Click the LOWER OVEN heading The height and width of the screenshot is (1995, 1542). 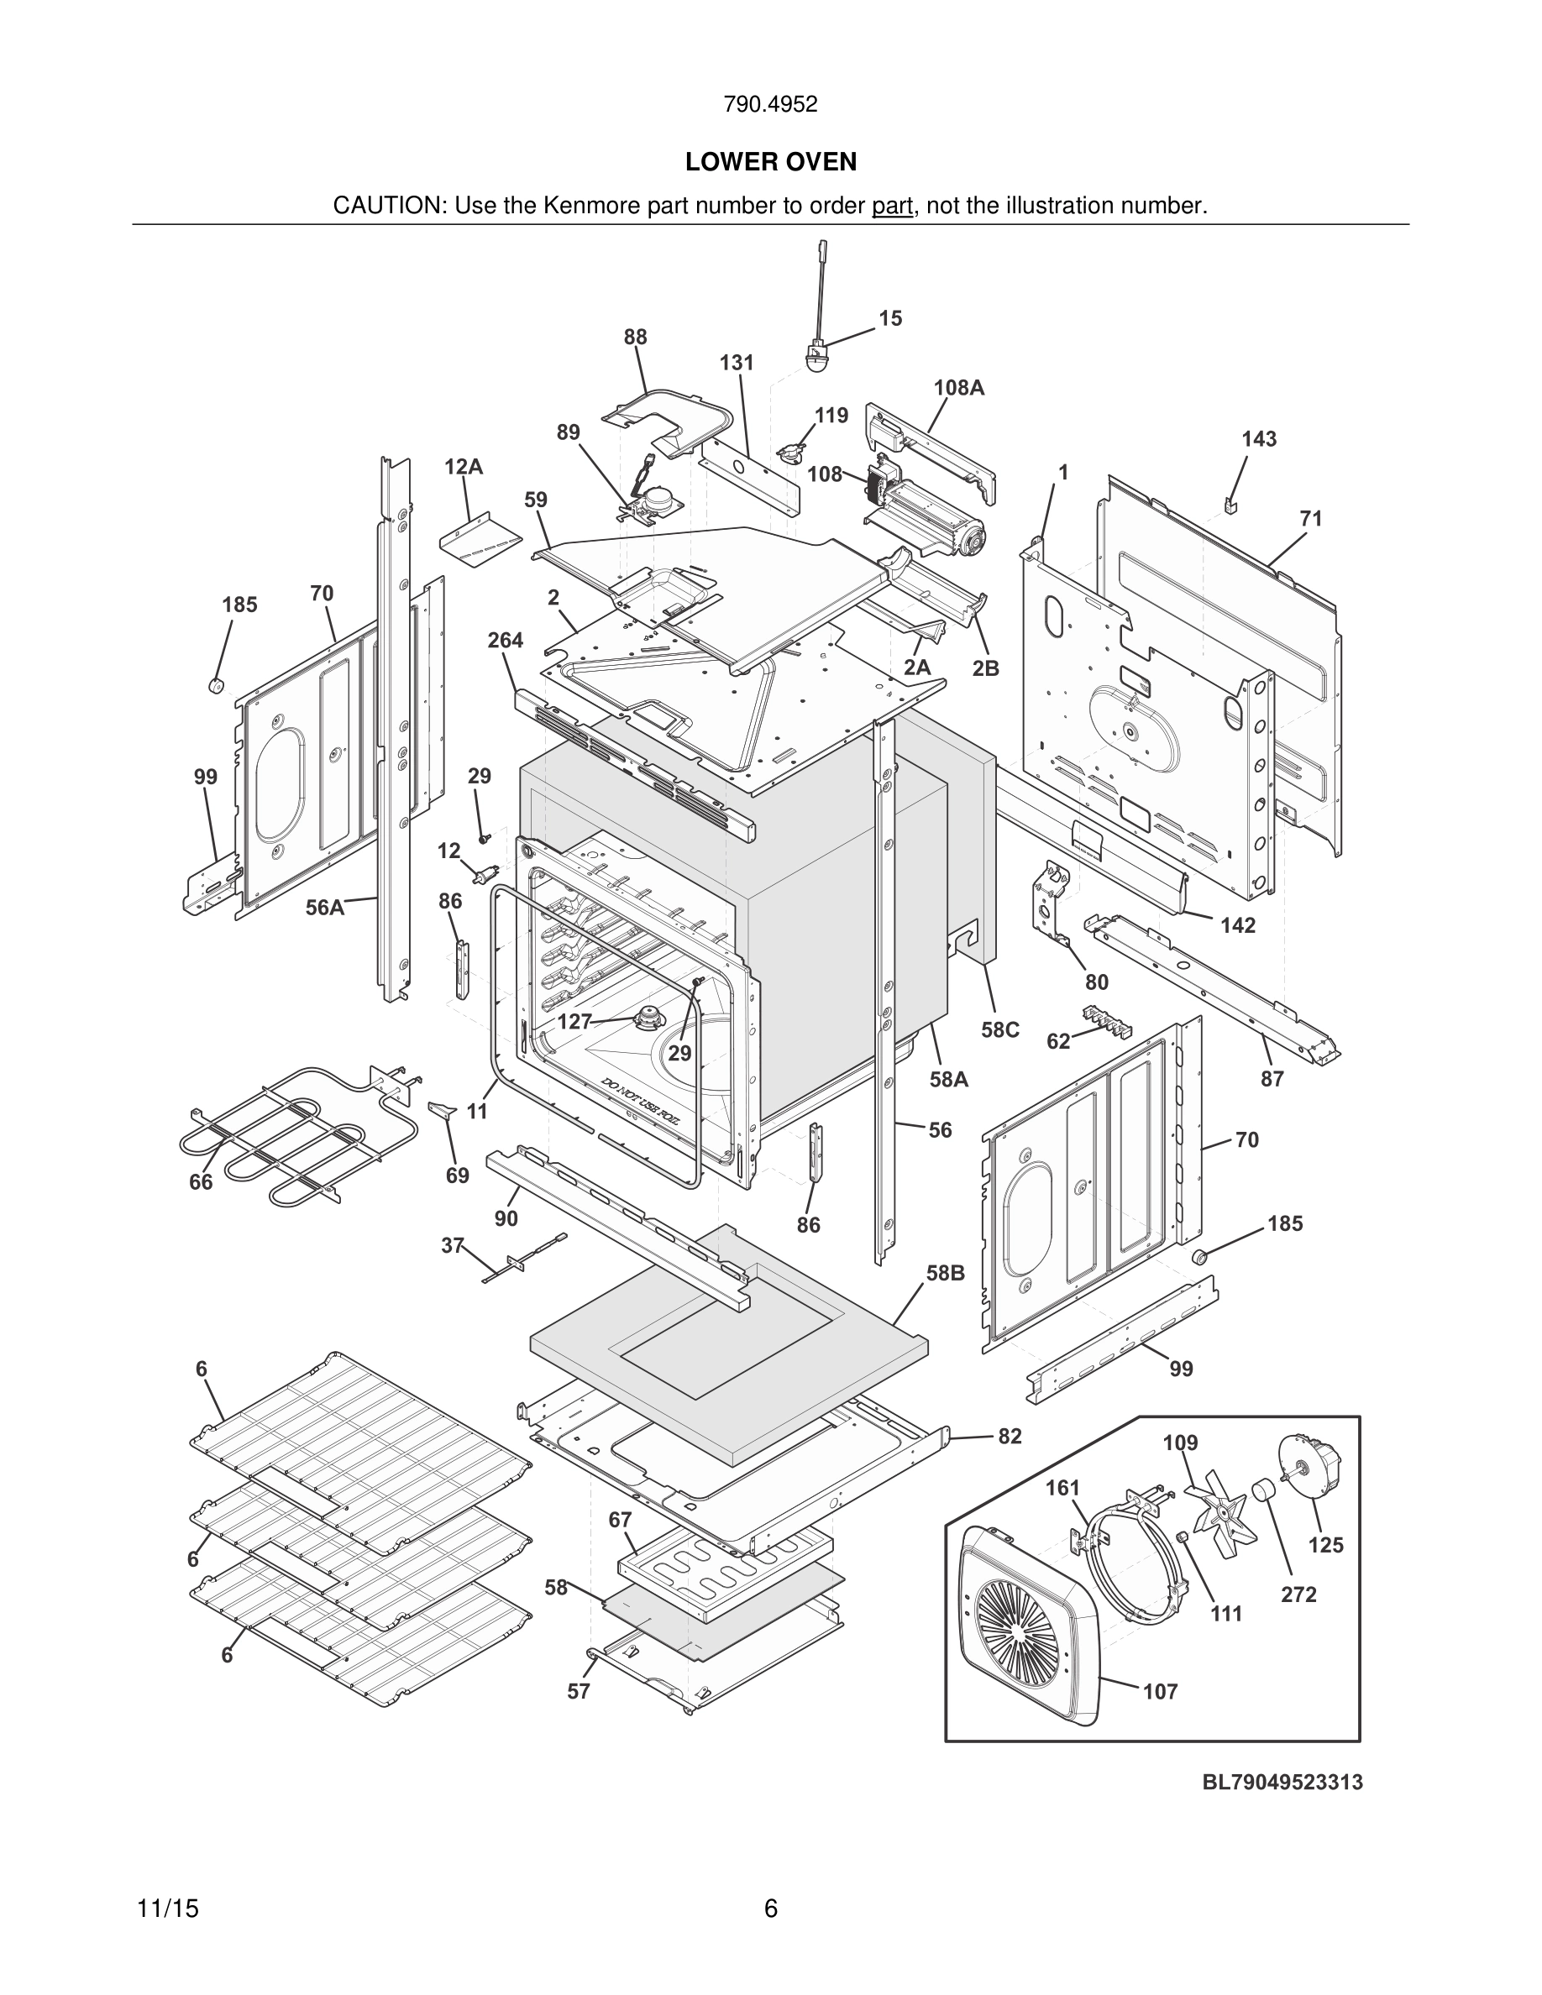coord(770,162)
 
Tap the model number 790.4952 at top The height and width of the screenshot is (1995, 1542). coord(770,105)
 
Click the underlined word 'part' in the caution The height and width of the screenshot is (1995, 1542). coord(892,206)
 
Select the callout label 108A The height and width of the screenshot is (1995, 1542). coord(958,387)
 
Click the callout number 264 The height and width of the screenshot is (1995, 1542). coord(505,641)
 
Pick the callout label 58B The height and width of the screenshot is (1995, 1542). coord(946,1272)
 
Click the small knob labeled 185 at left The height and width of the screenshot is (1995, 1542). coord(217,685)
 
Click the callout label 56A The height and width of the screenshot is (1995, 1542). coord(324,908)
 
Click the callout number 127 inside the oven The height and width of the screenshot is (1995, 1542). coord(574,1021)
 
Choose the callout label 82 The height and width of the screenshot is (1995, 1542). coord(1010,1436)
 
